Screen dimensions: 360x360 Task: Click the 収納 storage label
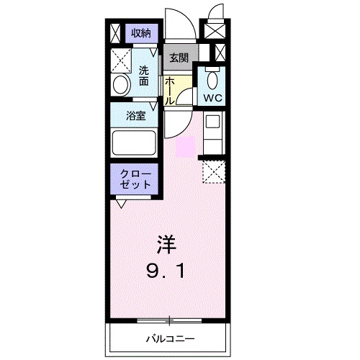tap(141, 32)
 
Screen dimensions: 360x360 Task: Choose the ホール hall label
tap(168, 91)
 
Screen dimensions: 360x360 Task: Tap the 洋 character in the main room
tap(167, 243)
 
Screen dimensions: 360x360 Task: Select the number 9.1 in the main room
tap(168, 273)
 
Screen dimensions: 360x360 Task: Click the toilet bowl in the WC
tap(212, 78)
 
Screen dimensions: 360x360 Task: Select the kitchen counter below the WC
tap(214, 133)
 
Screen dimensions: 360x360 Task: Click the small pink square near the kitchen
tap(185, 146)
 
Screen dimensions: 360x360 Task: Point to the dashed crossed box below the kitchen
tap(214, 171)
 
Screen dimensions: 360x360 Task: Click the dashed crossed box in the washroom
tap(120, 59)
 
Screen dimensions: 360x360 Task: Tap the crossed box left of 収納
tap(117, 33)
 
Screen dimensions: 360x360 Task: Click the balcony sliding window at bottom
tap(169, 320)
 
